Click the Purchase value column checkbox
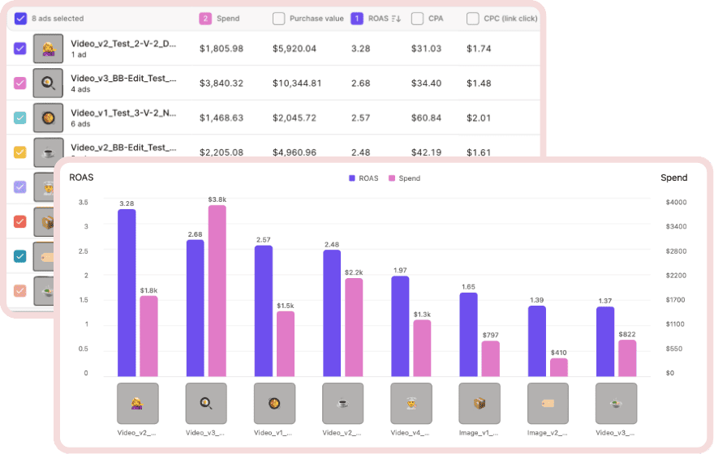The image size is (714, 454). tap(278, 18)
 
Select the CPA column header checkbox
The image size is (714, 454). tap(417, 18)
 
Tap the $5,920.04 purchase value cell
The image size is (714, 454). tap(295, 49)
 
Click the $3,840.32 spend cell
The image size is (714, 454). tap(222, 83)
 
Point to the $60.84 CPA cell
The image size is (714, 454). tap(426, 118)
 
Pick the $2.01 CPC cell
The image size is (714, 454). tap(479, 118)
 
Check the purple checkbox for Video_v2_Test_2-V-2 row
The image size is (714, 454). tap(20, 49)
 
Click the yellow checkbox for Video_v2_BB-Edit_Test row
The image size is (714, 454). tap(20, 152)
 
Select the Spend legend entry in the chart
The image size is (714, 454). tap(404, 178)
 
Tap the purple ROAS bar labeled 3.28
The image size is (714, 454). tap(127, 292)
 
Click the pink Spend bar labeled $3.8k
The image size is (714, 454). tap(217, 290)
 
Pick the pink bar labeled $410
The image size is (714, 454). tap(558, 366)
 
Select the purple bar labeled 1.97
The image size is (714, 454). tap(400, 325)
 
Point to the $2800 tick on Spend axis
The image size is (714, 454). tap(675, 251)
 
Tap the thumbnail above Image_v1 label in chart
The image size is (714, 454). tap(480, 403)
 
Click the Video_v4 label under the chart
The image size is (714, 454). tap(411, 432)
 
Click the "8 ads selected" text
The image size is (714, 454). tap(58, 18)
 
